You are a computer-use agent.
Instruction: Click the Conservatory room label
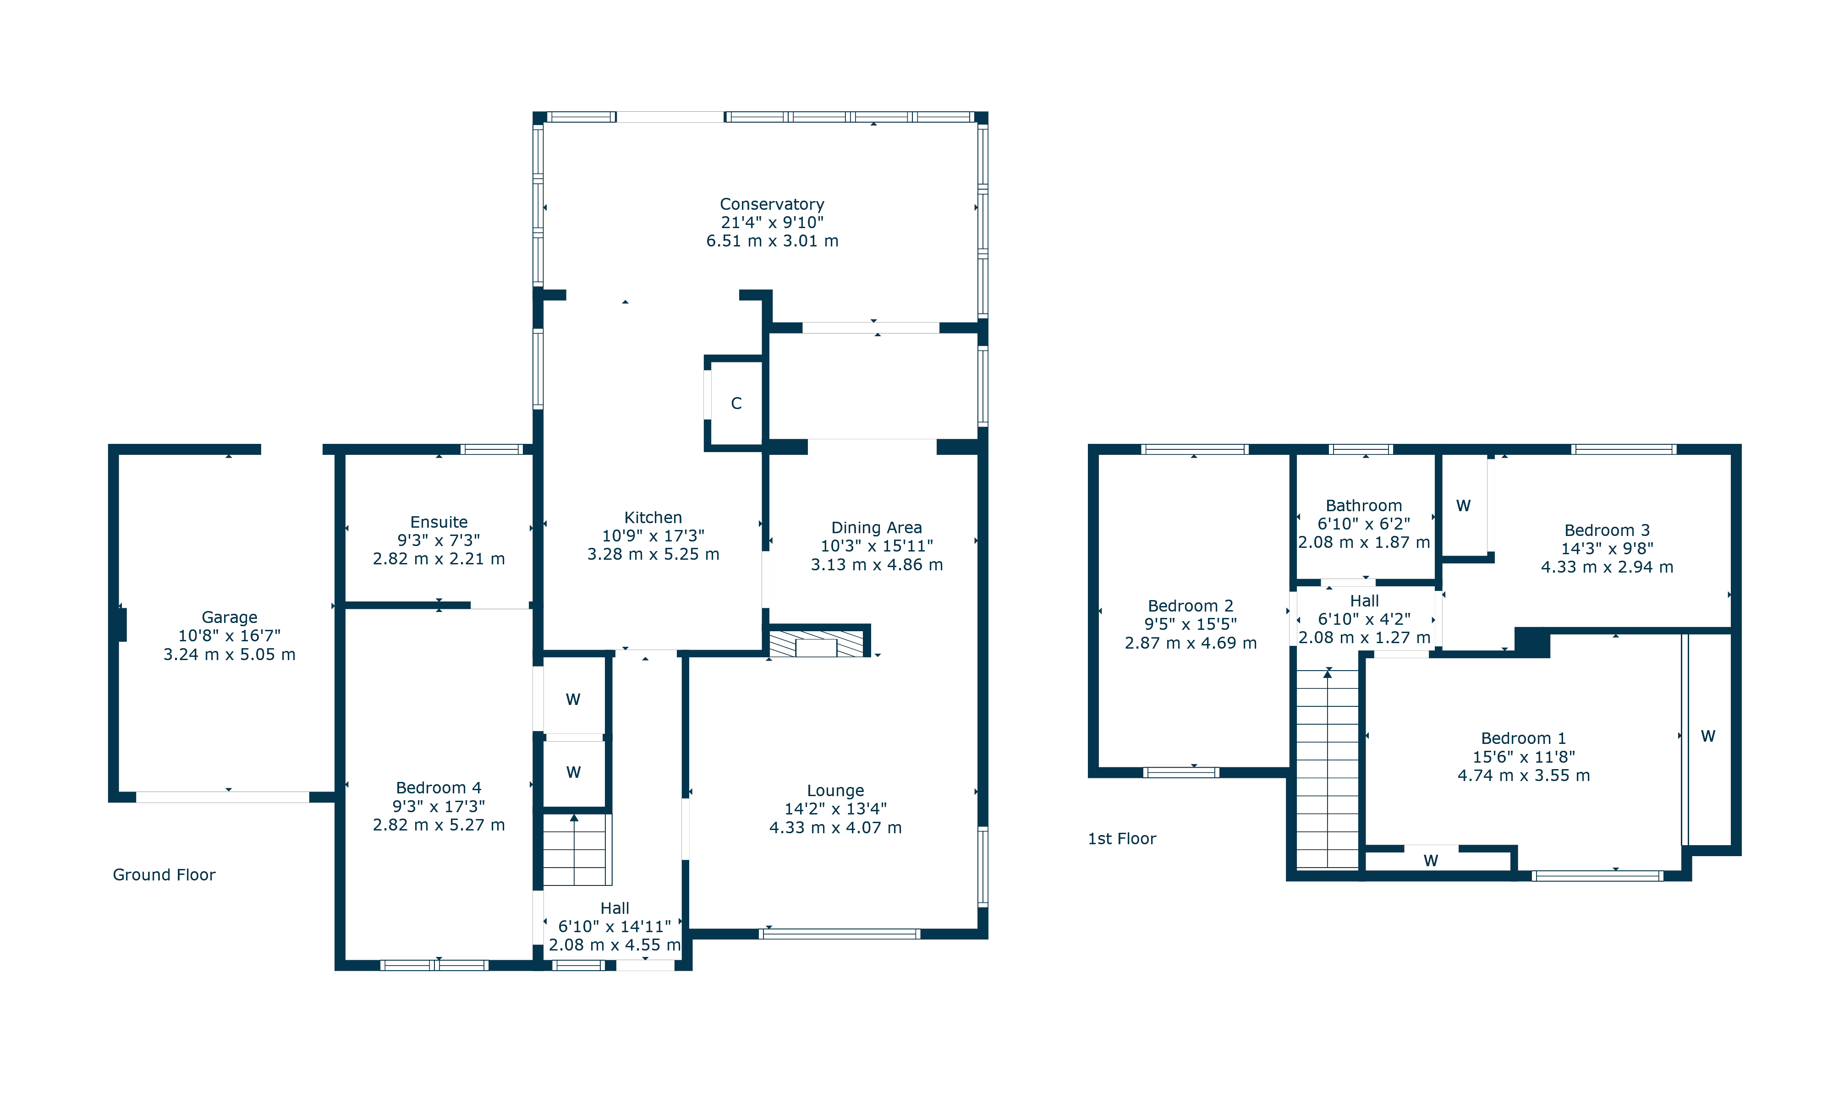tap(771, 204)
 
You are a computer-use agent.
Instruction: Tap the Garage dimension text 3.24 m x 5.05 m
tap(230, 655)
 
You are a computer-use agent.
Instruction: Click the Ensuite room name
tap(439, 522)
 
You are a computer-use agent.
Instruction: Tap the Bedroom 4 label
tap(439, 788)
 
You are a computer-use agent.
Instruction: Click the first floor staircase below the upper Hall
tap(1328, 770)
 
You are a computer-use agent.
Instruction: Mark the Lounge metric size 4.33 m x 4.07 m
tap(835, 828)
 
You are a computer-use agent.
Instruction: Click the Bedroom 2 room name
tap(1190, 606)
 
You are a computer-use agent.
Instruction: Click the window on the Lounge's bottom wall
tap(840, 934)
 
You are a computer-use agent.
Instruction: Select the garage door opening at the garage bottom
tap(222, 797)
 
